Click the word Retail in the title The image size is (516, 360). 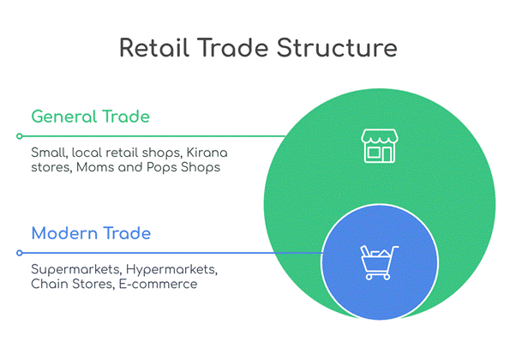pos(154,48)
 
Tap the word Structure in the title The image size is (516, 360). pos(337,48)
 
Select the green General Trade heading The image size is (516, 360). pos(91,117)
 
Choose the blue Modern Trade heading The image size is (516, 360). pos(91,233)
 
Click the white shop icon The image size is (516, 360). pos(380,146)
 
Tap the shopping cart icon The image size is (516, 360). pos(379,262)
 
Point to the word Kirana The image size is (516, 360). pos(207,153)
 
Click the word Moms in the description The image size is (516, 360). pos(95,167)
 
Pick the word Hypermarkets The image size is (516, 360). pos(171,270)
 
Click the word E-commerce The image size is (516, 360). pos(158,284)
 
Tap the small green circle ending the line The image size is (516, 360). pos(20,136)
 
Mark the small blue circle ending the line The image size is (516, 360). pos(20,253)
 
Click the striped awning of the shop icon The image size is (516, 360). pos(380,136)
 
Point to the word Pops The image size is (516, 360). pos(162,168)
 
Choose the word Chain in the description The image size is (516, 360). pos(50,284)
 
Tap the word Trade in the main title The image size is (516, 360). pos(233,48)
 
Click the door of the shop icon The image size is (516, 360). pos(387,154)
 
